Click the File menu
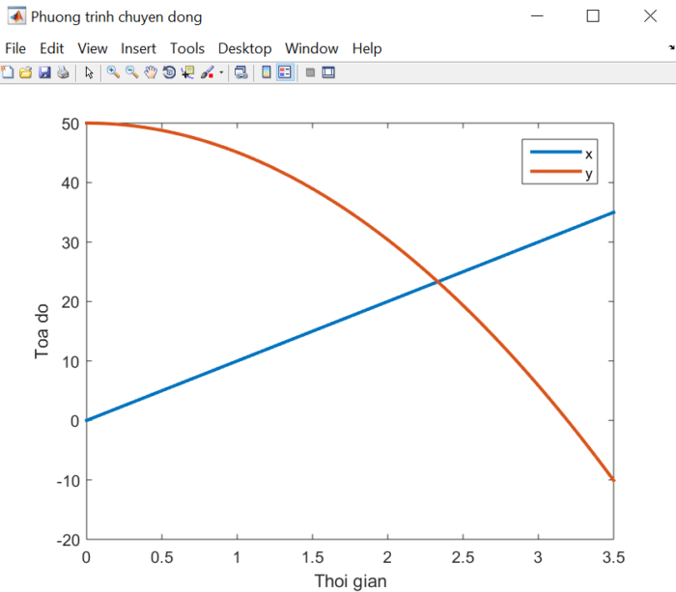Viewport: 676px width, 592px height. pos(15,48)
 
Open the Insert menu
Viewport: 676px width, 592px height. pos(139,48)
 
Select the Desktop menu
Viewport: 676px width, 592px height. pos(244,48)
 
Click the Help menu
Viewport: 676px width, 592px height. pos(367,48)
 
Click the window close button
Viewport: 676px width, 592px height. pos(650,16)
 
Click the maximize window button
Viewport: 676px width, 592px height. pos(593,16)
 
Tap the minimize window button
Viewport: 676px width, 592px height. pos(537,16)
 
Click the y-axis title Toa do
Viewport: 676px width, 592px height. pos(42,331)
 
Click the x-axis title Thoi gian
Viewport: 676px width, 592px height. pos(350,581)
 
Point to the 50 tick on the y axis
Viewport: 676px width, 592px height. pos(68,124)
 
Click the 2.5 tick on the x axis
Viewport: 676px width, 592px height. pos(463,558)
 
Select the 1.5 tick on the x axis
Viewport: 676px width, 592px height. pos(312,558)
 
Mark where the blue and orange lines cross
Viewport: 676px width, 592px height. pos(437,281)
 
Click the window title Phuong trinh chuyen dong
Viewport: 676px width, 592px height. pos(117,16)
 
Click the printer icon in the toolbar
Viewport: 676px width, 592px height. pos(63,72)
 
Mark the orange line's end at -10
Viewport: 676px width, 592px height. pos(613,480)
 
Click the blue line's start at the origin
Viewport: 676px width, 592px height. pos(87,420)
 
